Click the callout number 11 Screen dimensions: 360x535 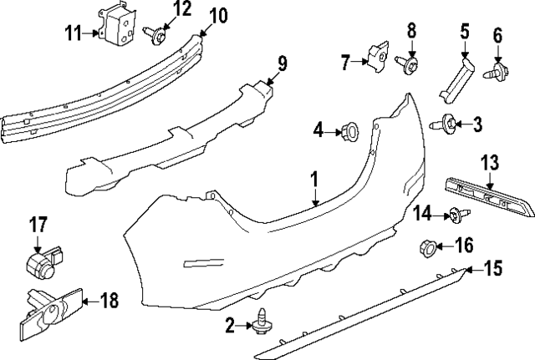(x=74, y=33)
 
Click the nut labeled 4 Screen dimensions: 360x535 (x=349, y=129)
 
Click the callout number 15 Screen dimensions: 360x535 (x=494, y=268)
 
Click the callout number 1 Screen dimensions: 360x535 (x=315, y=178)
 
